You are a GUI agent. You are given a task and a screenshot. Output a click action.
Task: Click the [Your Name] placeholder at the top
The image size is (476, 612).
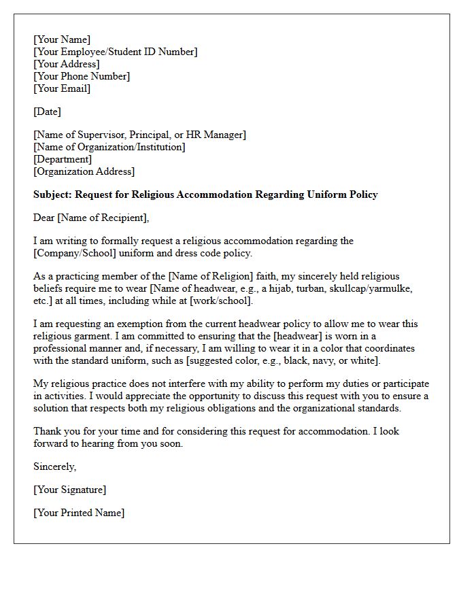(x=62, y=39)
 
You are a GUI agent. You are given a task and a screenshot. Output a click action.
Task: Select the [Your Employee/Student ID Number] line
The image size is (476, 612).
(x=116, y=52)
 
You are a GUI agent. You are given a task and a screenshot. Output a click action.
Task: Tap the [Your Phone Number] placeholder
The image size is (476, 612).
(x=82, y=76)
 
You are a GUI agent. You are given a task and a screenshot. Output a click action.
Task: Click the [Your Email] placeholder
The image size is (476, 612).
(x=62, y=88)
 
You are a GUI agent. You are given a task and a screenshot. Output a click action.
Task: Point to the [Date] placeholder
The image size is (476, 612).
(x=47, y=112)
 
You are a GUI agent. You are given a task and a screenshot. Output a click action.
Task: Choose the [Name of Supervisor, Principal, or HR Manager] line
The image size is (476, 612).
(x=139, y=135)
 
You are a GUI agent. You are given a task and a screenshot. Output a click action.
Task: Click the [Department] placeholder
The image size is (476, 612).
(x=63, y=159)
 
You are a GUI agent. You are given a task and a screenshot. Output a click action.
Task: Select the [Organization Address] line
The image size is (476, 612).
(x=84, y=171)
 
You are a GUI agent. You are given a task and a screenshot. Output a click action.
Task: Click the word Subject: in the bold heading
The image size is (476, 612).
(x=52, y=194)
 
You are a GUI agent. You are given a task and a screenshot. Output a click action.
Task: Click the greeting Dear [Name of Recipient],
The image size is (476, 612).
(x=91, y=218)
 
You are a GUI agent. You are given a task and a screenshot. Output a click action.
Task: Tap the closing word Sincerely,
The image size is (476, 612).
(x=55, y=466)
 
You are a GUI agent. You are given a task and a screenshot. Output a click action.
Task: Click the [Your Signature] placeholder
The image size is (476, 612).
(x=70, y=490)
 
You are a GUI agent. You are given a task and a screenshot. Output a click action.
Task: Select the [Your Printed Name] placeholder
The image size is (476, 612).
(x=79, y=513)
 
